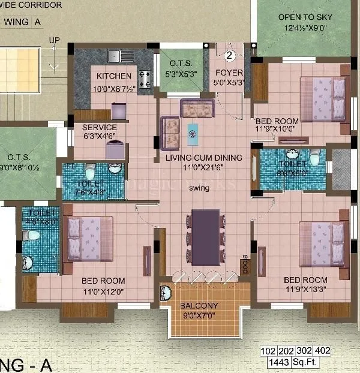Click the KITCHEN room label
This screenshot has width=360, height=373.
(x=114, y=76)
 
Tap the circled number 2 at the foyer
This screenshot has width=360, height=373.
(x=229, y=56)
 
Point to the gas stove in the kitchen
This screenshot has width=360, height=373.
(x=145, y=79)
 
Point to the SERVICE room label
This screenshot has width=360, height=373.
(x=100, y=128)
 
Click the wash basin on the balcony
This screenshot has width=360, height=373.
(x=166, y=293)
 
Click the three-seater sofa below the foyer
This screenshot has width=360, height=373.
(x=197, y=109)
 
